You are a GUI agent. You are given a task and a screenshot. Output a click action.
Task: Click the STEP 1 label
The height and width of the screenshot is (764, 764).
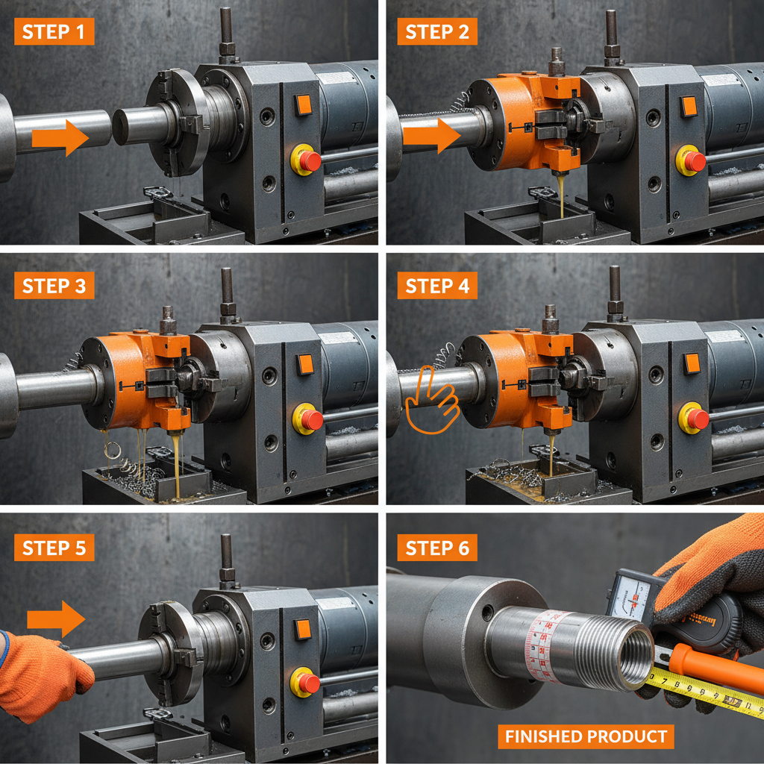[x=54, y=32]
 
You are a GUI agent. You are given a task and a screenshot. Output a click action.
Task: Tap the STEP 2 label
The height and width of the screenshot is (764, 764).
[x=437, y=32]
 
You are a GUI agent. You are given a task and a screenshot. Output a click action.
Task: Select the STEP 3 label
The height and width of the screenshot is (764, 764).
[x=54, y=286]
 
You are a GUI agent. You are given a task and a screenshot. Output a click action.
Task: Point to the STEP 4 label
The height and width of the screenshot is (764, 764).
[x=437, y=286]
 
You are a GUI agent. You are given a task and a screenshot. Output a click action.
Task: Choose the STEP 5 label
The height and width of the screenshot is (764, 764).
[x=54, y=548]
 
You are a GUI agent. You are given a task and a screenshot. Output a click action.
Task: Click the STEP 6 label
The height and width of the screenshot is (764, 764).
[x=437, y=548]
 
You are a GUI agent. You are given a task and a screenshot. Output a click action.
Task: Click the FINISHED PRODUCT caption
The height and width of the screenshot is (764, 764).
[x=586, y=737]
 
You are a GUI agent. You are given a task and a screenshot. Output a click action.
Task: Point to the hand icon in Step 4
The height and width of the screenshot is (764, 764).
[x=431, y=398]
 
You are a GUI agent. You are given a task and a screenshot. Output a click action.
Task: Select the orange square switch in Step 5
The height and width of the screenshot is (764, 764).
[x=302, y=629]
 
